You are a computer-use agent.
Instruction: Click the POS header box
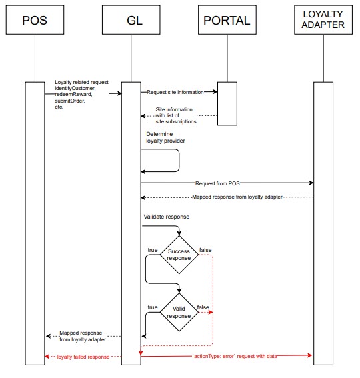[34, 19]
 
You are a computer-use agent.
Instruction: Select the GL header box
[131, 19]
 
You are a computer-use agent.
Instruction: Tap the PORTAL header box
[227, 19]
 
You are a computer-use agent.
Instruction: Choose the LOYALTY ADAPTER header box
[323, 19]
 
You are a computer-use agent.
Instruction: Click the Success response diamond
[179, 255]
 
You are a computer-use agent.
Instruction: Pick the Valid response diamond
[179, 312]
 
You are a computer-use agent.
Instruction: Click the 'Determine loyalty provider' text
[166, 138]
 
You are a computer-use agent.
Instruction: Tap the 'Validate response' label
[167, 217]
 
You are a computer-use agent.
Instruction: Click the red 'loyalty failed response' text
[83, 357]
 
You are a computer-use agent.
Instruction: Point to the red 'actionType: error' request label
[235, 357]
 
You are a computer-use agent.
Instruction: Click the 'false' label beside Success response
[205, 250]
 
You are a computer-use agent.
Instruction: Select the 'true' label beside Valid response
[152, 307]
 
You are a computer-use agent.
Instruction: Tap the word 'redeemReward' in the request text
[73, 95]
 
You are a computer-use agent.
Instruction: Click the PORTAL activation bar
[227, 103]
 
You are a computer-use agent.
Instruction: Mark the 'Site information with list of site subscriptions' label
[176, 115]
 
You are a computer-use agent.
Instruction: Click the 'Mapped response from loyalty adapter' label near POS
[83, 336]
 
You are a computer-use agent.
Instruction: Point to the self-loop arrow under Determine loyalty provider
[179, 161]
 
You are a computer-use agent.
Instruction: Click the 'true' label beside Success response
[152, 250]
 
